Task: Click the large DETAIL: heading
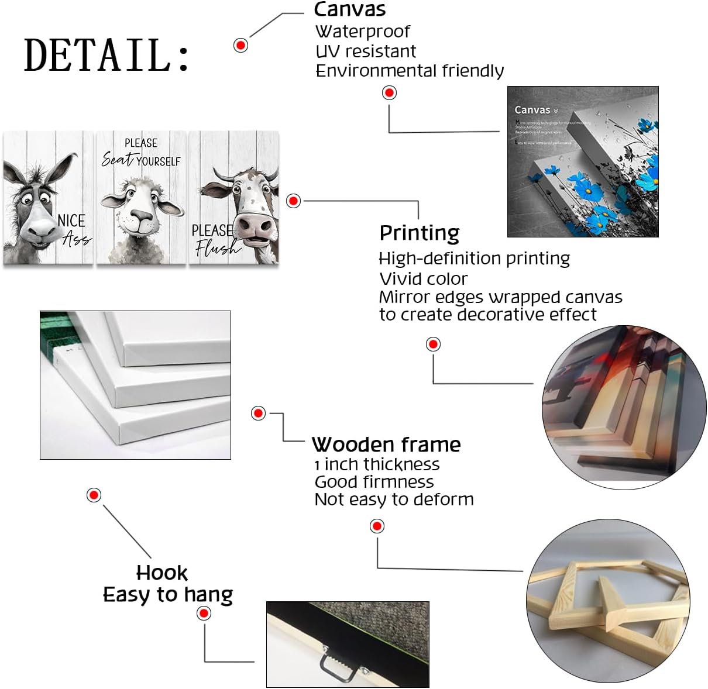click(106, 56)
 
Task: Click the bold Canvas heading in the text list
click(350, 9)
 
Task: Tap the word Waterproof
click(363, 31)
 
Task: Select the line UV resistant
click(366, 51)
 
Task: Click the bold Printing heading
click(420, 233)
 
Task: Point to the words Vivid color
click(424, 278)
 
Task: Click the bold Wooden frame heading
click(386, 445)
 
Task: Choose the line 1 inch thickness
click(377, 464)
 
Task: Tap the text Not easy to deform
click(394, 499)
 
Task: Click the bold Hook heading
click(162, 573)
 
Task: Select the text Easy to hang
click(168, 595)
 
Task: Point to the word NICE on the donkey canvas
click(71, 221)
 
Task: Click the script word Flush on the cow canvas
click(216, 249)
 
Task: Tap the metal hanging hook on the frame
click(337, 663)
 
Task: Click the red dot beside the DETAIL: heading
click(240, 45)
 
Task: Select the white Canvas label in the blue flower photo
click(532, 110)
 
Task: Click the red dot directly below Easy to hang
click(204, 614)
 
